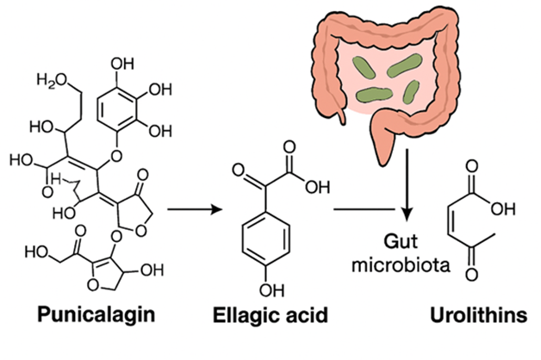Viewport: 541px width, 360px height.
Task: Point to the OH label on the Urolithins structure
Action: tap(510, 208)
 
